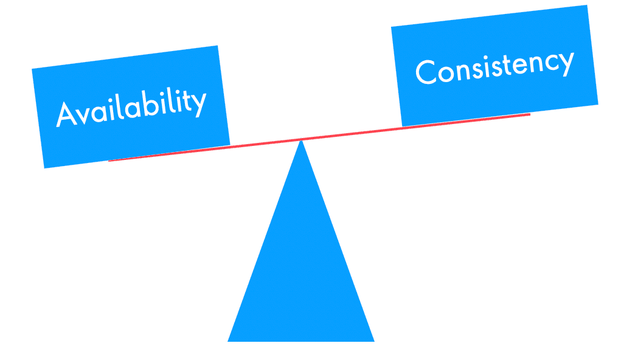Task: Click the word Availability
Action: tap(131, 108)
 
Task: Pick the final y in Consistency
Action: tap(565, 62)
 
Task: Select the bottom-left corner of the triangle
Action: tap(227, 341)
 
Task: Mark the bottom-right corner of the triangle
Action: tap(375, 341)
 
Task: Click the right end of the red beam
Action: tap(530, 114)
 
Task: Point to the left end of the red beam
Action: tap(109, 161)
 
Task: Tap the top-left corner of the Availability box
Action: tap(32, 69)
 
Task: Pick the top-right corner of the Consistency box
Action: tap(587, 5)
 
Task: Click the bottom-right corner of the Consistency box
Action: tap(598, 104)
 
